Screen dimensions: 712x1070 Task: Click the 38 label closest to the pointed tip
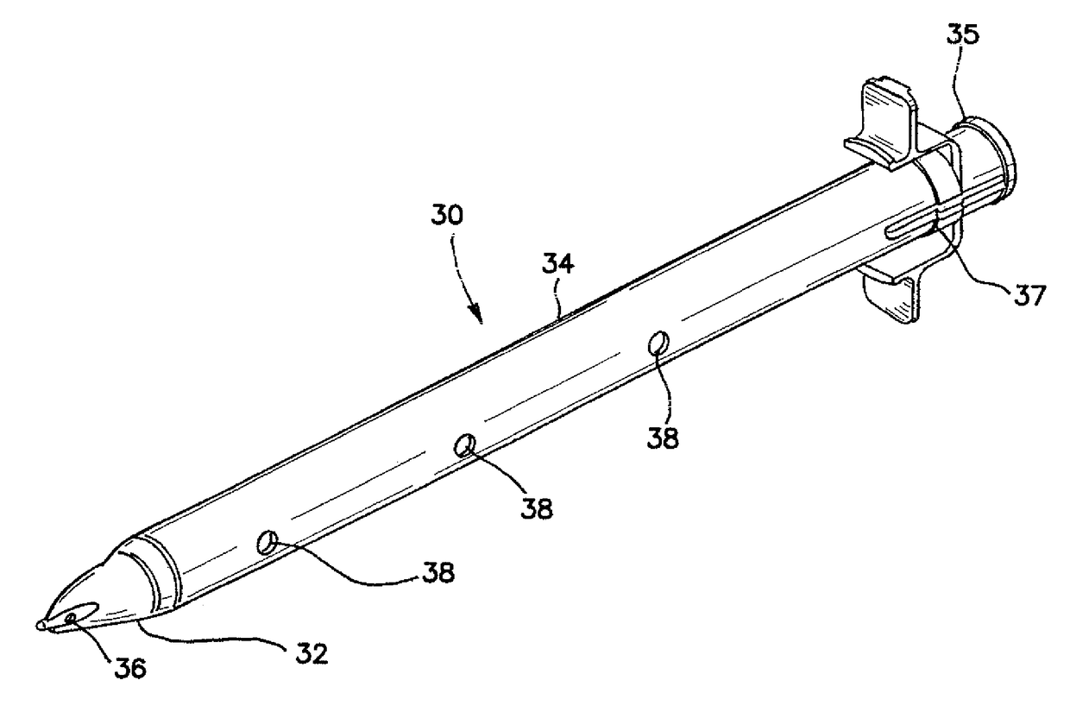pyautogui.click(x=438, y=571)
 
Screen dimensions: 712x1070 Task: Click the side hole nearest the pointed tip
pyautogui.click(x=267, y=543)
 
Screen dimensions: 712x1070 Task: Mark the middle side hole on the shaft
pyautogui.click(x=466, y=445)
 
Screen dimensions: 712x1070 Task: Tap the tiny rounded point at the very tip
pyautogui.click(x=41, y=625)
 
